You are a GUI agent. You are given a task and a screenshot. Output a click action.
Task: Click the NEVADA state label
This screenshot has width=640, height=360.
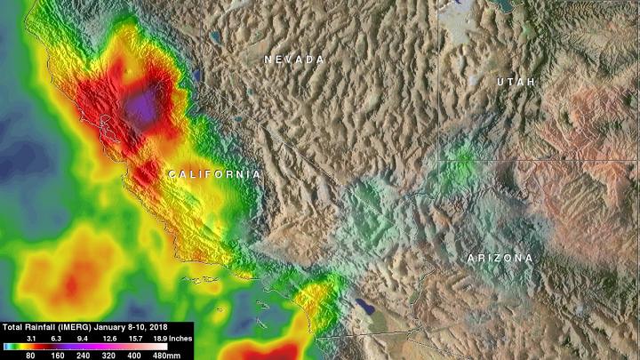click(293, 59)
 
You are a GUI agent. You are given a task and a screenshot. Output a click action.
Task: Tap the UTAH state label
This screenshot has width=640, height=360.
click(516, 82)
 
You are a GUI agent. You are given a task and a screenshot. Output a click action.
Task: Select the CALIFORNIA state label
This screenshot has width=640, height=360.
click(214, 174)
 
